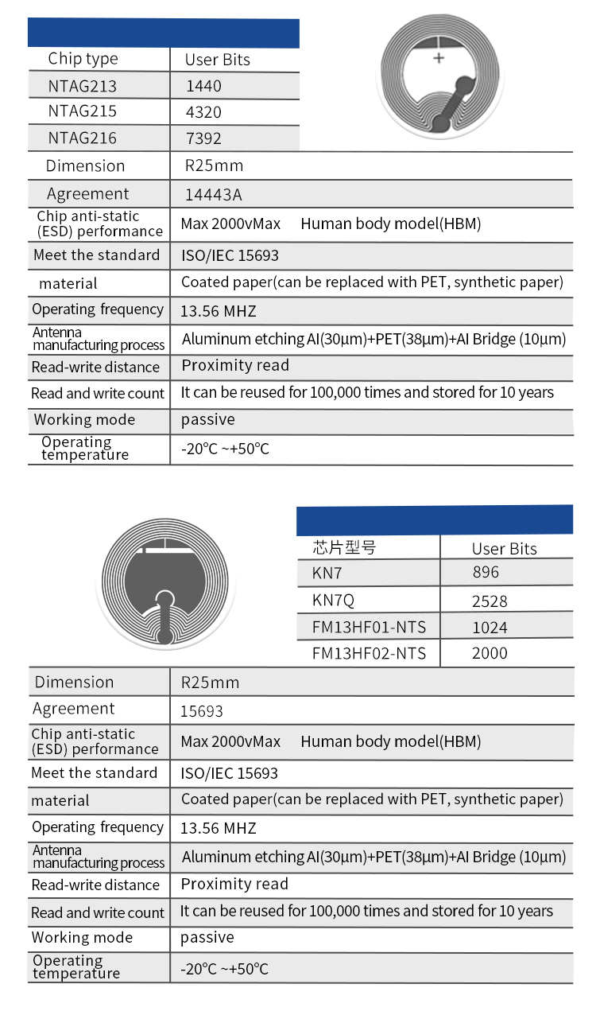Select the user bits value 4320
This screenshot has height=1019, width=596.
click(x=203, y=112)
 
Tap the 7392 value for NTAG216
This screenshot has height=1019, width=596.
click(x=203, y=138)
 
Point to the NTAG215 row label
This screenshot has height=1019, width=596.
click(x=83, y=111)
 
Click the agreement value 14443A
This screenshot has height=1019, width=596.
click(x=213, y=194)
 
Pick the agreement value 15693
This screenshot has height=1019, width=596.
click(x=203, y=711)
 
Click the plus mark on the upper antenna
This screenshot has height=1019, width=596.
click(x=439, y=58)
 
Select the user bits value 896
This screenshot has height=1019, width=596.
click(x=486, y=572)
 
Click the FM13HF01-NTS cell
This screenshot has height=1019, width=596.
click(x=369, y=627)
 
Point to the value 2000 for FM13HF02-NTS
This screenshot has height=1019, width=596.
click(x=490, y=653)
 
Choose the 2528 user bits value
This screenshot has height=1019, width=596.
click(x=490, y=601)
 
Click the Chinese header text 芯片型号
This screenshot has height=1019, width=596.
click(x=344, y=547)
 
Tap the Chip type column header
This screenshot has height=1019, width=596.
click(x=83, y=59)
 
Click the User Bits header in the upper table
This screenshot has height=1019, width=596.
click(x=218, y=60)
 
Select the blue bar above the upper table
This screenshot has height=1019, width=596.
click(x=164, y=33)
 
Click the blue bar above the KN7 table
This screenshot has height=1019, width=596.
click(x=434, y=519)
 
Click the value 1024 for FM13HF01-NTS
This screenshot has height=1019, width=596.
click(x=490, y=627)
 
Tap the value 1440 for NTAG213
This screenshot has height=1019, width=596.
click(x=203, y=86)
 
